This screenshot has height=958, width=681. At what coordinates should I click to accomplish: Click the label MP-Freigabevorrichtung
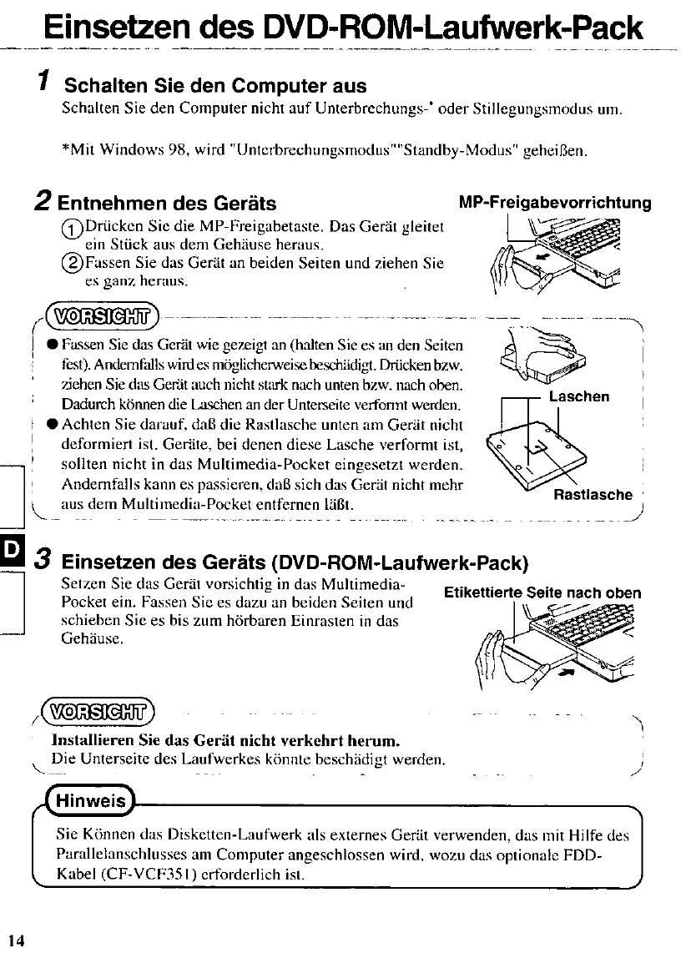click(x=555, y=203)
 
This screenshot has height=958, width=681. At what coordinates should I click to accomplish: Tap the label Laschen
click(x=579, y=396)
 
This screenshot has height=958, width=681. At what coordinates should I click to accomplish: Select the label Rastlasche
click(x=593, y=495)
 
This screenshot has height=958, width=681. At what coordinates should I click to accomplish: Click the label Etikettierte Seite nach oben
click(x=542, y=593)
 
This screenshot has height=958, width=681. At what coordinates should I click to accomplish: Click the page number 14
click(x=18, y=940)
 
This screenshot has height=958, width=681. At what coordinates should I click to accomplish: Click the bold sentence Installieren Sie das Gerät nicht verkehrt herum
click(x=225, y=740)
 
